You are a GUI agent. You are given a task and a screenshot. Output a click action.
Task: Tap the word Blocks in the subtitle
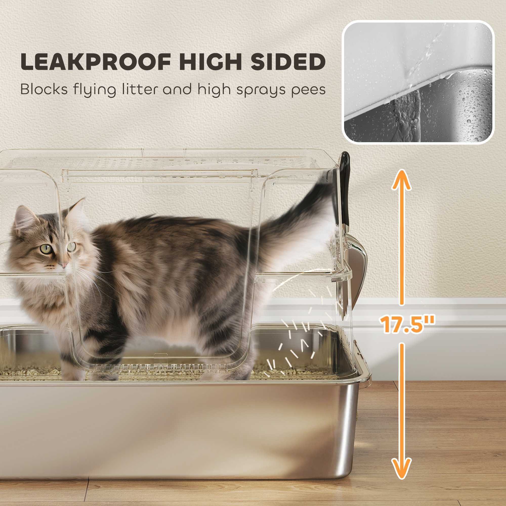[x=44, y=89]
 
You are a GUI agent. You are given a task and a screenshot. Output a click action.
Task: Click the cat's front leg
[x=76, y=362]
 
